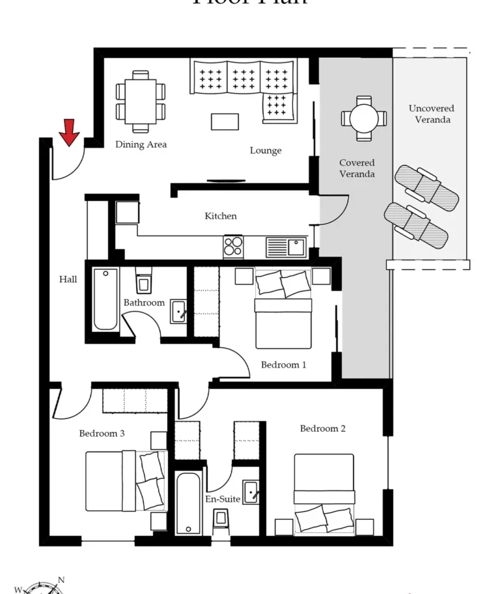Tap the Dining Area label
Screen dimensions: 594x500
[x=141, y=144]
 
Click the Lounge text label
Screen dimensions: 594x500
[x=266, y=150]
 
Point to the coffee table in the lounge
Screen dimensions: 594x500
[x=225, y=121]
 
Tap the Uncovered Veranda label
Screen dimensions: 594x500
[x=432, y=114]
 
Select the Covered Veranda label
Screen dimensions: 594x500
[x=357, y=169]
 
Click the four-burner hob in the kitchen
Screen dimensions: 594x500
[x=233, y=246]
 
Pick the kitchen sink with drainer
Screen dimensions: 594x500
[x=286, y=247]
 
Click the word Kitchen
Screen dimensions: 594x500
[x=221, y=216]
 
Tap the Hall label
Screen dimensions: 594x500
[x=68, y=279]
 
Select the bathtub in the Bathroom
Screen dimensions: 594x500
[x=105, y=299]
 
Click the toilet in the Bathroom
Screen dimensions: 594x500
[x=144, y=282]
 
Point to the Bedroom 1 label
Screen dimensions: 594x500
[x=283, y=364]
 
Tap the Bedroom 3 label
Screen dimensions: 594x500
[x=102, y=433]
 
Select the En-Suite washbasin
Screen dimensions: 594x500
[x=251, y=492]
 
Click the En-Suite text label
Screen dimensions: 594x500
[x=223, y=499]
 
